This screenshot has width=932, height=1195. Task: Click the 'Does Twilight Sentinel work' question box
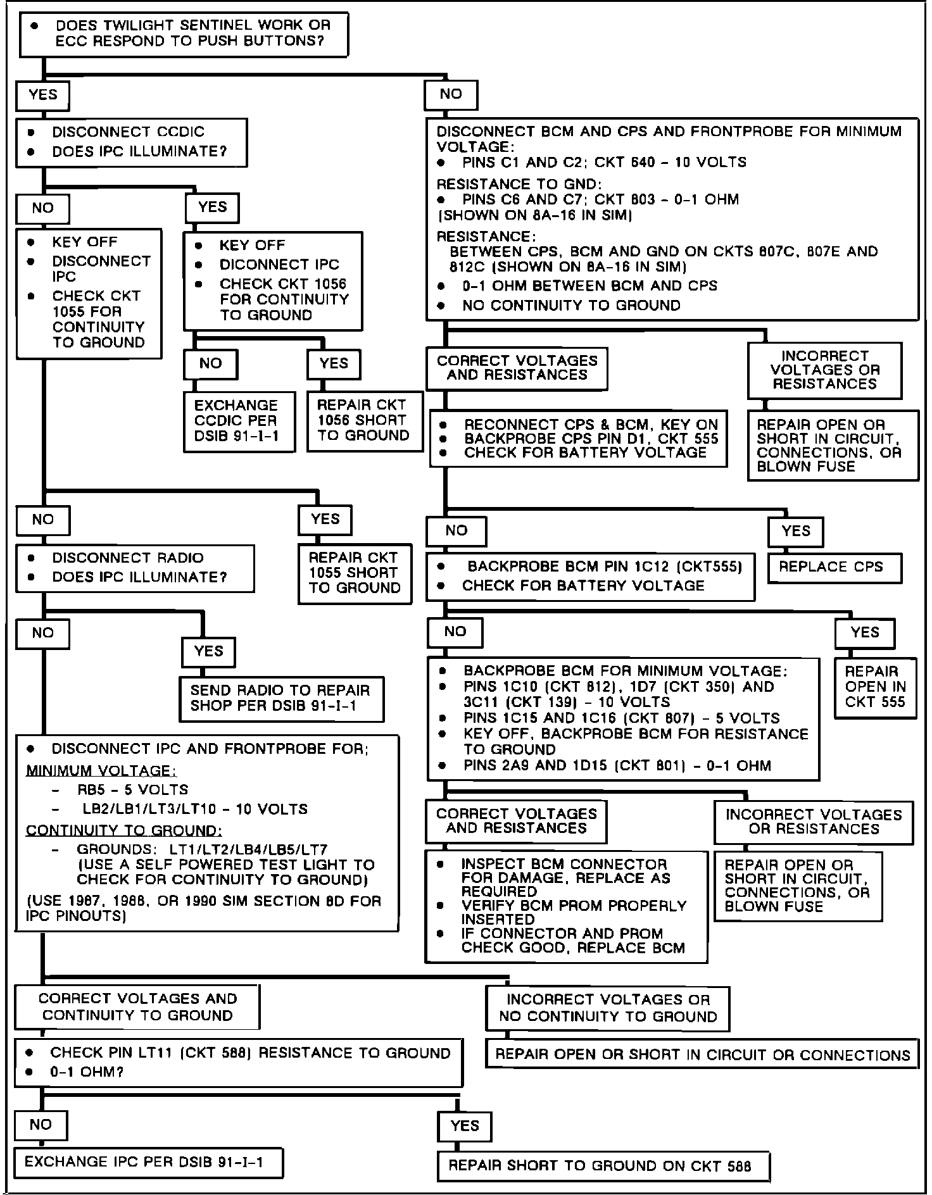184,35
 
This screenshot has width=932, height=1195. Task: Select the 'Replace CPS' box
834,568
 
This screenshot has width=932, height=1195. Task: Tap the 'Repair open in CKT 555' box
875,687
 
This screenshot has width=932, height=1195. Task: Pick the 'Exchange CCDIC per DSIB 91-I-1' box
239,422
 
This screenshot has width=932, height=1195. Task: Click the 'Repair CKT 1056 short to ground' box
364,421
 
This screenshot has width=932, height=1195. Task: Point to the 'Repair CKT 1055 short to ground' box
355,573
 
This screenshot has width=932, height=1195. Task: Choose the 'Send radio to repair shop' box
282,699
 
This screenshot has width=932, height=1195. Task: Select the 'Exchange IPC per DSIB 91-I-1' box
148,1163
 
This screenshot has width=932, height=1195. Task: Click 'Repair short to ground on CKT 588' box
602,1166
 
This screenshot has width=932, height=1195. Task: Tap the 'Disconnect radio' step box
135,568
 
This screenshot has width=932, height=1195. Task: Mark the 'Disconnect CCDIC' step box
131,142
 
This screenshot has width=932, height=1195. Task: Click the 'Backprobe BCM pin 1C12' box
591,577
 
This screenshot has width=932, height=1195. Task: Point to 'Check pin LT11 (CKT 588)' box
239,1063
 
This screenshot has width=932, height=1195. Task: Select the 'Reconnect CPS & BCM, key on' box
578,439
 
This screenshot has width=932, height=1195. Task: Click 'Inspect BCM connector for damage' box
566,906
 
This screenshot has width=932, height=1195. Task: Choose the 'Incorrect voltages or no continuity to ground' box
607,1008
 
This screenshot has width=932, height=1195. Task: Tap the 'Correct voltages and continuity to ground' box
137,1007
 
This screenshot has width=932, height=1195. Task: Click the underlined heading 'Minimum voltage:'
101,772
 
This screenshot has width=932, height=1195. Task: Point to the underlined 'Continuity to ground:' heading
124,831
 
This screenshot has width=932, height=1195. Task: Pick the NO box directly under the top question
451,95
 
